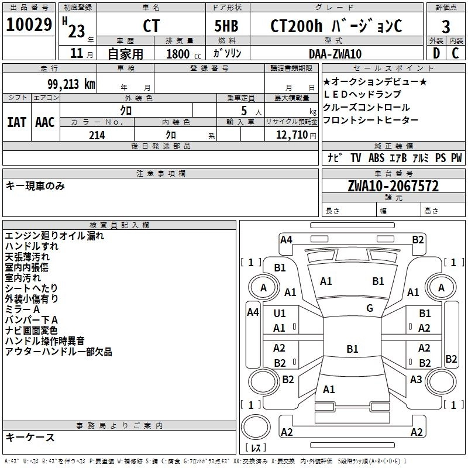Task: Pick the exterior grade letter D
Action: [x=435, y=53]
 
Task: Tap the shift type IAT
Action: [x=16, y=122]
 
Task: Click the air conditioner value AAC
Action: [x=45, y=122]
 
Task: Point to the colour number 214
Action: [x=97, y=135]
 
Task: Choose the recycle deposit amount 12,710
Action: [x=295, y=135]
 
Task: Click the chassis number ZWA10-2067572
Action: [x=393, y=187]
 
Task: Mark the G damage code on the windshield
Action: [x=370, y=308]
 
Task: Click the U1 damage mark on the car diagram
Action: [x=280, y=314]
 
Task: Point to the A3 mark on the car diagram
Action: [x=416, y=380]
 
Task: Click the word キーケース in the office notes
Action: [x=30, y=437]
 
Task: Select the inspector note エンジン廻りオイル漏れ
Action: [x=54, y=236]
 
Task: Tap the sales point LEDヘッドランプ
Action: [x=362, y=94]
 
